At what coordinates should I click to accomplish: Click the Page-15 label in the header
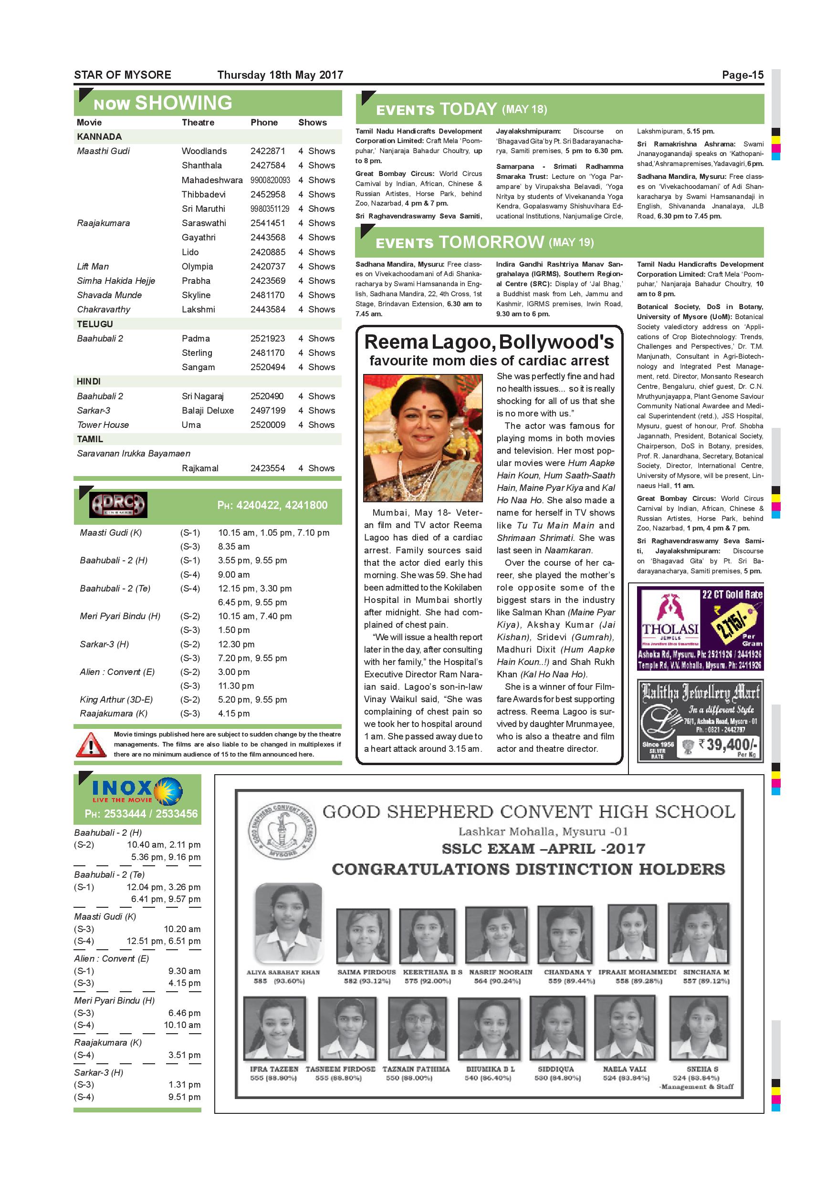pyautogui.click(x=742, y=75)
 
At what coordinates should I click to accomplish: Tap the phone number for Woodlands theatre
pyautogui.click(x=268, y=151)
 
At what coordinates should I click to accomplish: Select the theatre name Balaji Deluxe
pyautogui.click(x=208, y=411)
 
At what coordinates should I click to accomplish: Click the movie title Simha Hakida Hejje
pyautogui.click(x=116, y=281)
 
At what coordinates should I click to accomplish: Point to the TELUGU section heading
pyautogui.click(x=95, y=324)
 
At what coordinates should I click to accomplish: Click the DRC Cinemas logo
pyautogui.click(x=118, y=505)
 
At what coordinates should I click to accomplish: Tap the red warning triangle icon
pyautogui.click(x=91, y=745)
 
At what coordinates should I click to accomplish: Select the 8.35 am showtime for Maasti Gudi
pyautogui.click(x=233, y=547)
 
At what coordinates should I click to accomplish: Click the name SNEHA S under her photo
pyautogui.click(x=702, y=1069)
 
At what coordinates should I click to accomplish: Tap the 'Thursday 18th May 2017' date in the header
pyautogui.click(x=280, y=75)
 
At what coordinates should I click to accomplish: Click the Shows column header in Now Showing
pyautogui.click(x=313, y=123)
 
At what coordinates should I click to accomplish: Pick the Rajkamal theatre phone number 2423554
pyautogui.click(x=268, y=468)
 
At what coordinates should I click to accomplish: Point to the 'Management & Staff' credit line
pyautogui.click(x=697, y=1087)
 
